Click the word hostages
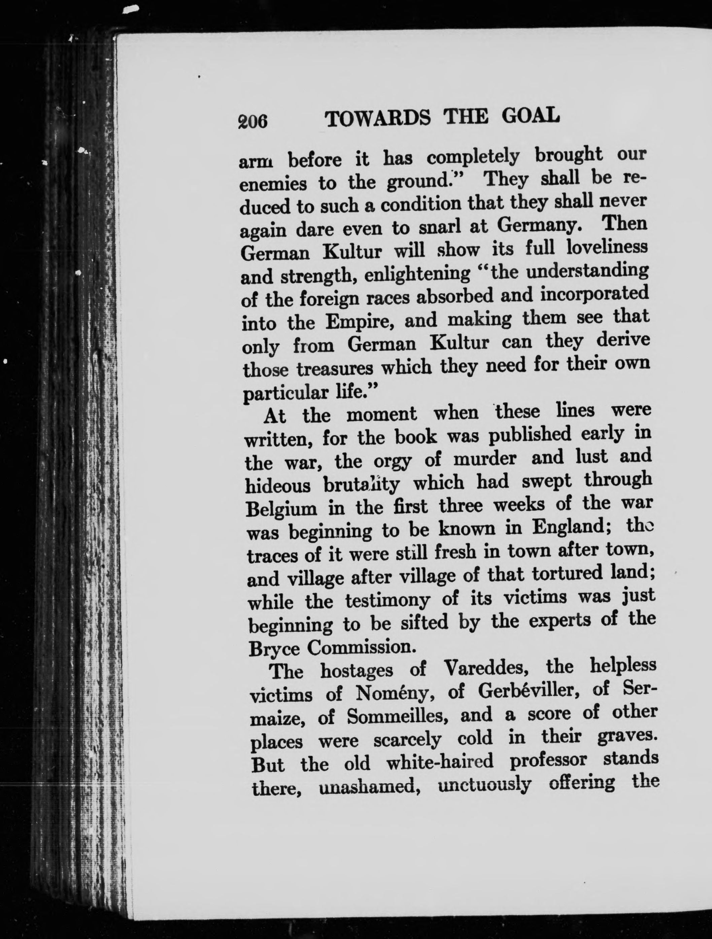(356, 671)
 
